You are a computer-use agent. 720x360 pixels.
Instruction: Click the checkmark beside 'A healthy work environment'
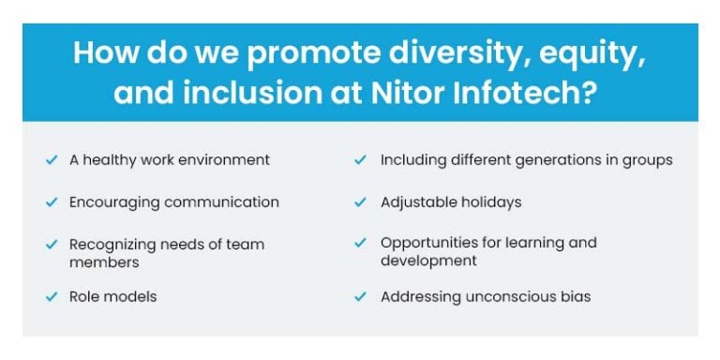(52, 160)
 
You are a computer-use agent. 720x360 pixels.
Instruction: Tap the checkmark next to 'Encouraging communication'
(52, 202)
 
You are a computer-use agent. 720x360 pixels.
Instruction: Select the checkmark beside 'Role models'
(52, 297)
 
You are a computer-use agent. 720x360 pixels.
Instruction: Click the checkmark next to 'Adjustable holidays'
(360, 202)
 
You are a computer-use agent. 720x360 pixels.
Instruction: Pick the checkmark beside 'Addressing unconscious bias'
(360, 297)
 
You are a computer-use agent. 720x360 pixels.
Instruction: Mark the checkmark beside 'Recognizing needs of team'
(52, 245)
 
